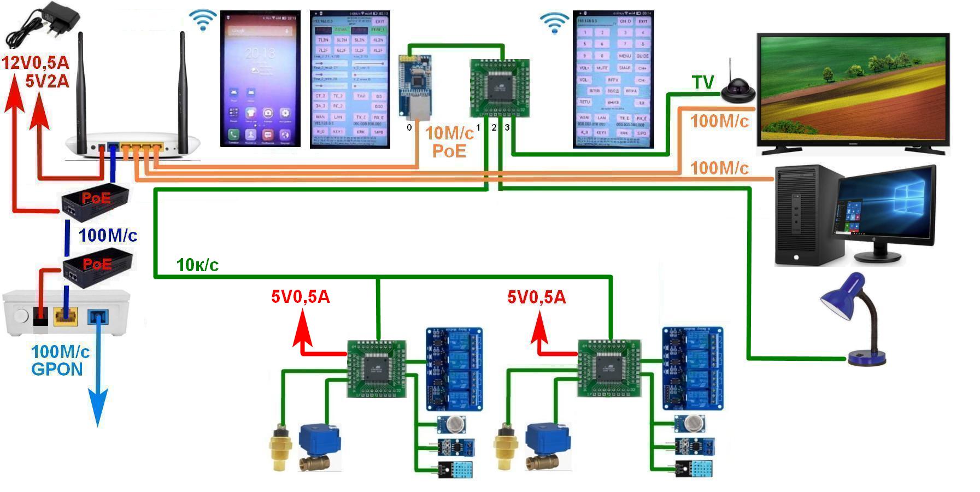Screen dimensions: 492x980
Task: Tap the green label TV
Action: coord(703,83)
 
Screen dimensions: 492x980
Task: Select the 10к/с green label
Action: coord(197,265)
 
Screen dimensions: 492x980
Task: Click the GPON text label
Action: coord(57,370)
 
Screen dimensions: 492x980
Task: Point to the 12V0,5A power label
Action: coord(36,62)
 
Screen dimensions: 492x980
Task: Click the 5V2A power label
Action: coord(47,81)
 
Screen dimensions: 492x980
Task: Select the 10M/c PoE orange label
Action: coord(449,142)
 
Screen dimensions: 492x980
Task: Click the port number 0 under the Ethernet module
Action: coord(409,127)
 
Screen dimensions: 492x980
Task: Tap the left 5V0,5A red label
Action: coord(301,297)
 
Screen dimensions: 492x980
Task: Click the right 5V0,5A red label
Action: coord(537,297)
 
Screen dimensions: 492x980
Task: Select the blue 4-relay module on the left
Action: coord(454,368)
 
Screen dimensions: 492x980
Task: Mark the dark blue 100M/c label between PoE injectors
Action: coord(108,236)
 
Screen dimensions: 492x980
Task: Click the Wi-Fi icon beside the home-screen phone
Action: coord(203,21)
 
